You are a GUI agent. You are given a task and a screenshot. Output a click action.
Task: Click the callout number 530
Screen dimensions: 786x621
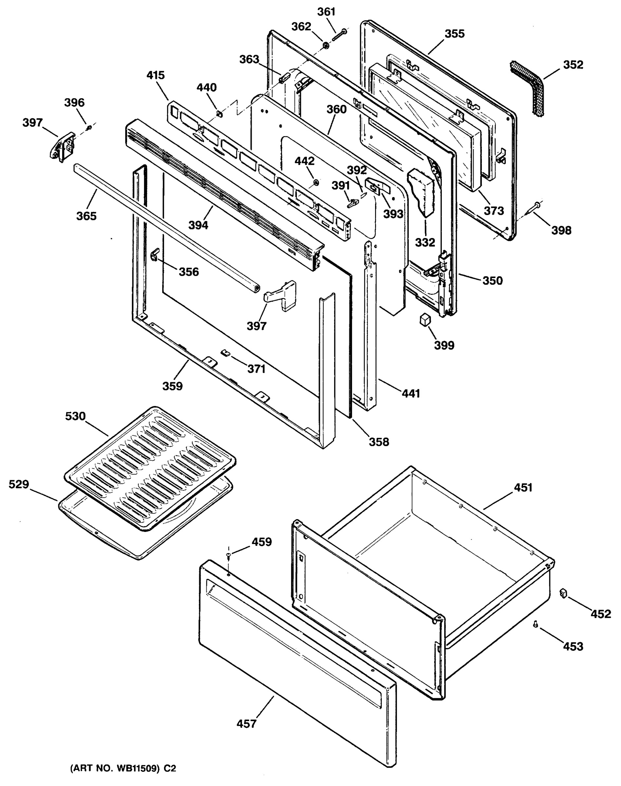[75, 416]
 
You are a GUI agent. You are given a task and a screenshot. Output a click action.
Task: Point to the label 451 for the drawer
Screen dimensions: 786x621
[523, 488]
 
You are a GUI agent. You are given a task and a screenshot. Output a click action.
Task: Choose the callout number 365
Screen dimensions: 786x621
[86, 216]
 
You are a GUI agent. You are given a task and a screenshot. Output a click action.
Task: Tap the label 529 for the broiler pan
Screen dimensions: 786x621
[19, 484]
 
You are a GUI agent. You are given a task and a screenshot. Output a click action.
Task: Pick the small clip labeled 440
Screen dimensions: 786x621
[219, 114]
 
